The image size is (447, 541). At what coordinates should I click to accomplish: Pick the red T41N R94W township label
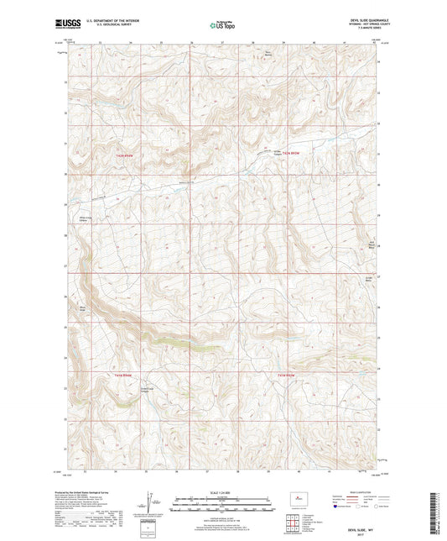point(123,375)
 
